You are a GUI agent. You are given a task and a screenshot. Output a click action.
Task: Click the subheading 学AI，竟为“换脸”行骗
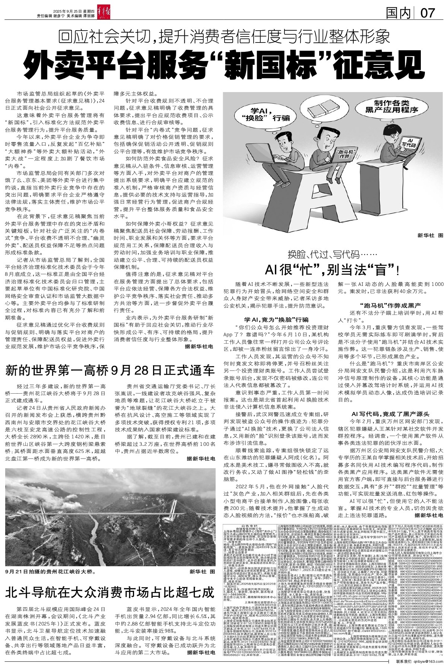(276, 319)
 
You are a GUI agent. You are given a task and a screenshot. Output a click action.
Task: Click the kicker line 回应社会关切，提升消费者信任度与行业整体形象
(223, 37)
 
